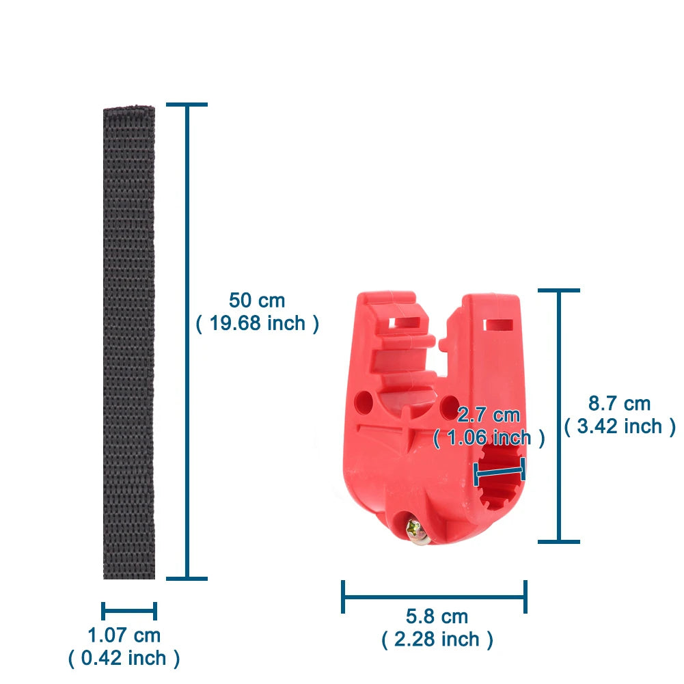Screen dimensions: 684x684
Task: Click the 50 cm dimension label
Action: click(x=257, y=301)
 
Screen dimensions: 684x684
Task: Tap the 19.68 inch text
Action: click(x=258, y=323)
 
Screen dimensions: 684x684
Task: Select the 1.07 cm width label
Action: click(x=124, y=635)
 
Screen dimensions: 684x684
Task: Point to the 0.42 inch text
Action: click(x=124, y=658)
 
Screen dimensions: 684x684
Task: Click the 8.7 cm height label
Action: click(x=620, y=403)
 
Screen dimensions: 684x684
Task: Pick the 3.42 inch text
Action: click(x=620, y=426)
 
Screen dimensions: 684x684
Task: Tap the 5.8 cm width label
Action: click(x=437, y=616)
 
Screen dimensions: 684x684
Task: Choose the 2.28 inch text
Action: click(x=437, y=639)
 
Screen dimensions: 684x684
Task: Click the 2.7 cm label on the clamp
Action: click(x=489, y=415)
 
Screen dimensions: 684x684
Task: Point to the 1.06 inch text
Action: click(x=489, y=437)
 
